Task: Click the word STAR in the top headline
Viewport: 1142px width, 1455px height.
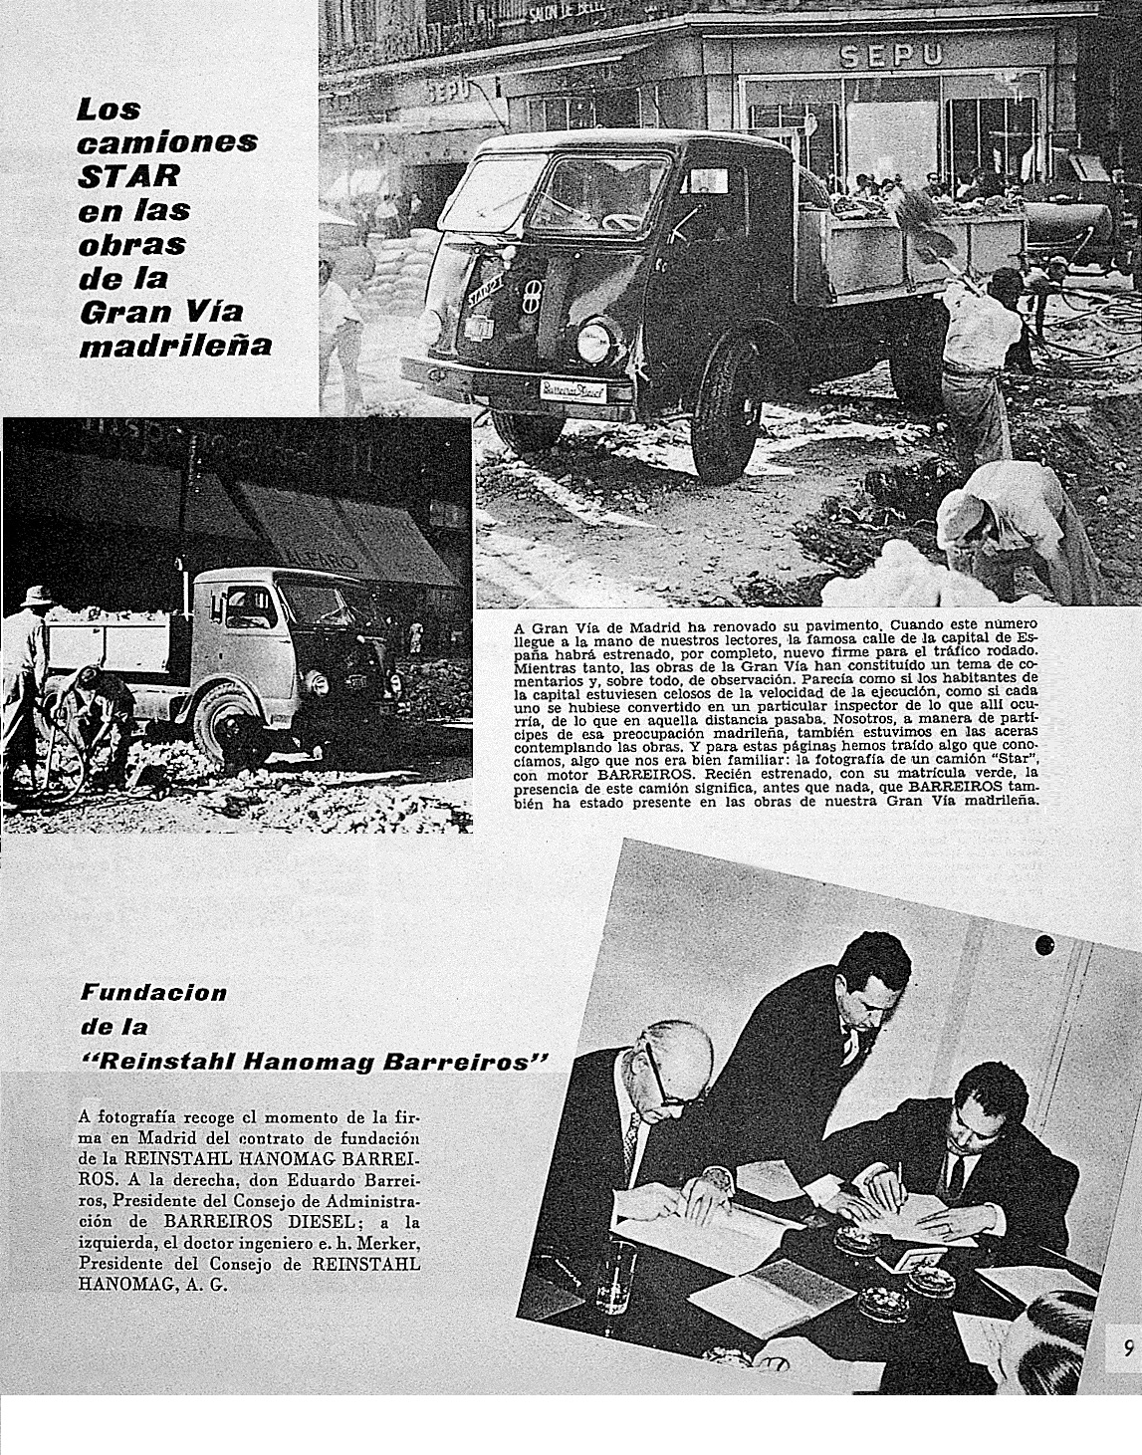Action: click(129, 176)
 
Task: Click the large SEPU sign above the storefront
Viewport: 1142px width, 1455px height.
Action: click(891, 56)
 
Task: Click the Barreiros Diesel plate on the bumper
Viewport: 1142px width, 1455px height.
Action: click(574, 390)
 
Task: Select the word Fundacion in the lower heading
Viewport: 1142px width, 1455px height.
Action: click(153, 992)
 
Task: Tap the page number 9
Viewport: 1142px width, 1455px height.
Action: click(1127, 1348)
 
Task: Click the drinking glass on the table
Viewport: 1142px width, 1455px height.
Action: click(615, 1274)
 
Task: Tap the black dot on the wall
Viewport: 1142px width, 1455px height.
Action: click(1043, 944)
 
